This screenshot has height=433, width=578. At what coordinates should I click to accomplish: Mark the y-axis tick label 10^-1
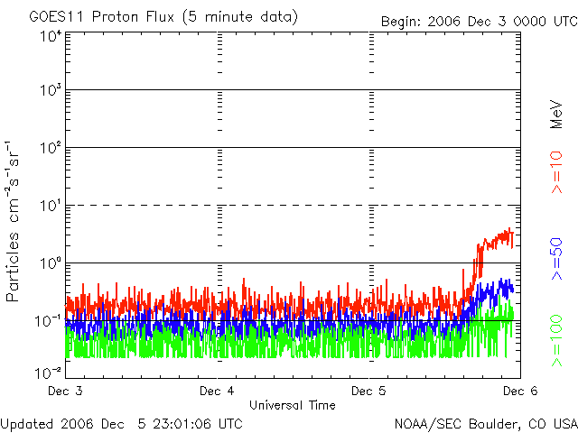pos(49,319)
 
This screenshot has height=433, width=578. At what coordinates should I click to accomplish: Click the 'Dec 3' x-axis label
pos(66,391)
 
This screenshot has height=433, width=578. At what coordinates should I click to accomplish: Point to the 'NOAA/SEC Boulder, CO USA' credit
pos(485,423)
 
